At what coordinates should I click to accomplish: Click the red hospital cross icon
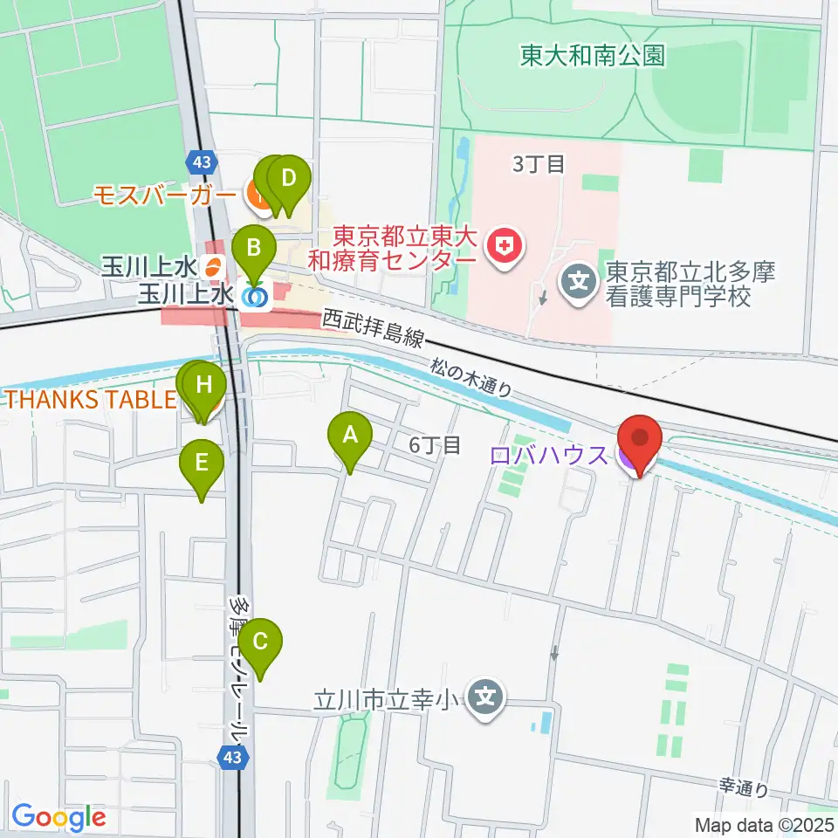[x=504, y=247]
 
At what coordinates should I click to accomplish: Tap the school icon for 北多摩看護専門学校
[x=577, y=281]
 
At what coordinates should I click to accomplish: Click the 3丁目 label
[x=539, y=164]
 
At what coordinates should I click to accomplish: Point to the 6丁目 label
[x=435, y=445]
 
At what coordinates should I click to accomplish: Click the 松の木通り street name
[x=471, y=378]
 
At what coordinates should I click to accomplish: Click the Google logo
[x=58, y=818]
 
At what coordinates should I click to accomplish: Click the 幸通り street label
[x=744, y=787]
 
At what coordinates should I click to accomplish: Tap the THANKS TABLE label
[x=92, y=400]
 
